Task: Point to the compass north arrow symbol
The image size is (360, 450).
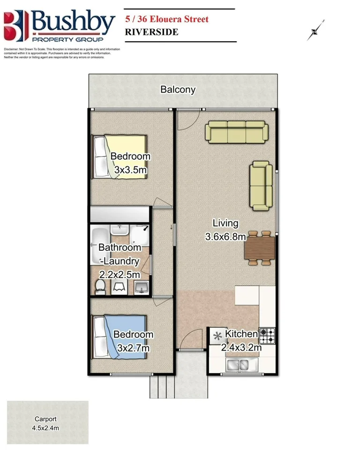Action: pyautogui.click(x=316, y=30)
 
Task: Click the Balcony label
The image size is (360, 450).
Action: pyautogui.click(x=178, y=89)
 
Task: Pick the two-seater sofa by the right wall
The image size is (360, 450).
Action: pyautogui.click(x=261, y=186)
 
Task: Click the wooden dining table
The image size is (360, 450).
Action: pyautogui.click(x=259, y=247)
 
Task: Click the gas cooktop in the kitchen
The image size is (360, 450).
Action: pyautogui.click(x=267, y=335)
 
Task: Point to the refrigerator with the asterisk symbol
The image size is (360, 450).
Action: pyautogui.click(x=217, y=336)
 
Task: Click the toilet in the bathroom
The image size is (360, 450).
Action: pyautogui.click(x=100, y=287)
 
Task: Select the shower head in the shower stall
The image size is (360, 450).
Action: pyautogui.click(x=145, y=228)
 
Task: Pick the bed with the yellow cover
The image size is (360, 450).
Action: pyautogui.click(x=119, y=157)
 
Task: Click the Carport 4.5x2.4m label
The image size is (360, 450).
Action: pyautogui.click(x=46, y=423)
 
